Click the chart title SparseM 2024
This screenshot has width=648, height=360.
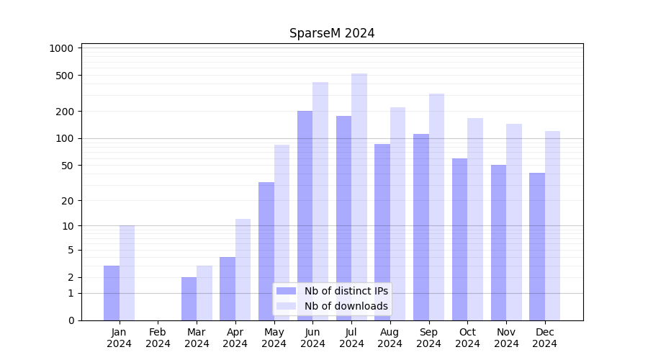pos(332,33)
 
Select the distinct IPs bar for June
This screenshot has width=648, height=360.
pos(305,215)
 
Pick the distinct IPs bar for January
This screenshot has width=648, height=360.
pos(112,293)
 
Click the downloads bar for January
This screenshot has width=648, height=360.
pos(127,273)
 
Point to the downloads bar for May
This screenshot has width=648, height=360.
pos(282,232)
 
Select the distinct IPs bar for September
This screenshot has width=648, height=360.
pos(420,227)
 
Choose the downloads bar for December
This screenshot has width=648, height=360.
pos(552,225)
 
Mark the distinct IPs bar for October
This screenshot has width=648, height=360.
pos(459,239)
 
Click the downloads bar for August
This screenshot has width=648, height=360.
pos(397,214)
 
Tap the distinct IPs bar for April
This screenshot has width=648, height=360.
pos(228,289)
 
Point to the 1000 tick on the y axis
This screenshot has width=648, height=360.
pos(62,48)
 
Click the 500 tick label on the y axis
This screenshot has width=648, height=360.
pos(65,76)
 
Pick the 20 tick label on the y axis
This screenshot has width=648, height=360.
pos(67,200)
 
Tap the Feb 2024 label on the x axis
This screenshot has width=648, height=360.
pos(158,338)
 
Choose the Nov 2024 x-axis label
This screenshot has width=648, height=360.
pos(506,338)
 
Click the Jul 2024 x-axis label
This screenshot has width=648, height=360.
pos(351,338)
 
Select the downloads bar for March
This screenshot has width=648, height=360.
pos(204,293)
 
